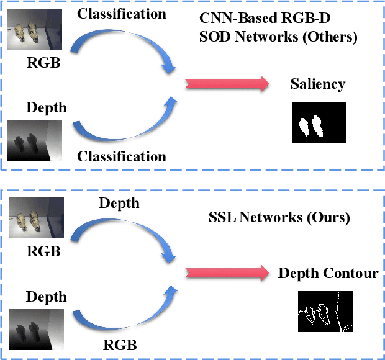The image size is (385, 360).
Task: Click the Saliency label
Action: pyautogui.click(x=317, y=84)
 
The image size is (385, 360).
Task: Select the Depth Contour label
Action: pyautogui.click(x=328, y=274)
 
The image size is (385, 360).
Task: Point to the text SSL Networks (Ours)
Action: pyautogui.click(x=279, y=218)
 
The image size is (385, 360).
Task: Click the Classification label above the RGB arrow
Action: pyautogui.click(x=121, y=12)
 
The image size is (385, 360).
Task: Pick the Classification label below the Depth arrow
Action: pyautogui.click(x=121, y=156)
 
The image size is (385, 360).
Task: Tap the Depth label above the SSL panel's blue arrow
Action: pyautogui.click(x=119, y=203)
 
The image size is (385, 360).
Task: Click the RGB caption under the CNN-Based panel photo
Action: pyautogui.click(x=43, y=62)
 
